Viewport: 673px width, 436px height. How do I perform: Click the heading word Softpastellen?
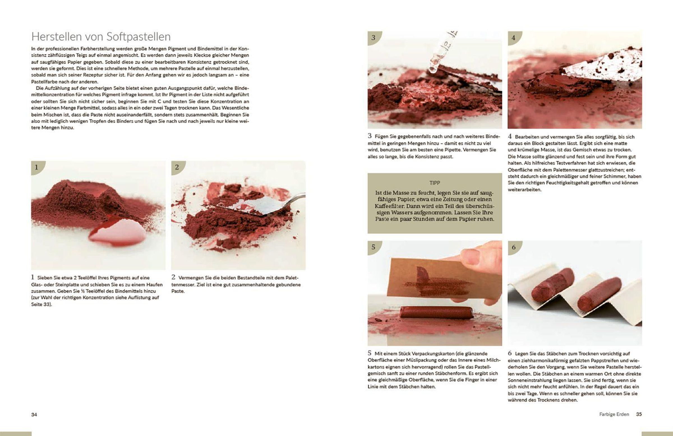coord(139,37)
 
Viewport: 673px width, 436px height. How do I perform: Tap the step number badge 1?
coord(37,167)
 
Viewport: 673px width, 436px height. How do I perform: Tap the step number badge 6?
coord(513,247)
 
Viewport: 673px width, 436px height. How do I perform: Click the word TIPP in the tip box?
coord(435,183)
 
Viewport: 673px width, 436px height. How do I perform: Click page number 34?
coord(34,414)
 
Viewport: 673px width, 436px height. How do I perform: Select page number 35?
coord(639,414)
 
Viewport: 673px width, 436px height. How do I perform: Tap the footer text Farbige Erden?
coord(614,414)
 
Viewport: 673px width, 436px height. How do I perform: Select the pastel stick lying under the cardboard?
coord(435,312)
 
